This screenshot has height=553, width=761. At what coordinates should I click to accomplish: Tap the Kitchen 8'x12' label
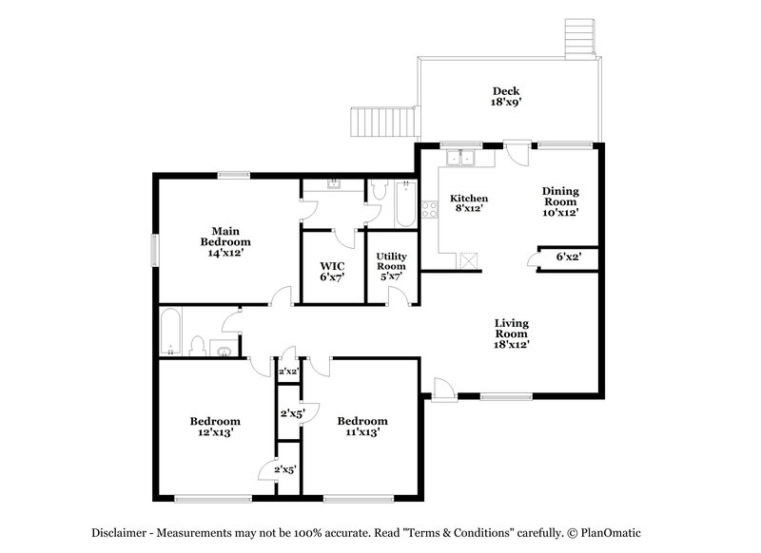point(468,203)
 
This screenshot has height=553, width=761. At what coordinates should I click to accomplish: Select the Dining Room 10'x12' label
point(560,201)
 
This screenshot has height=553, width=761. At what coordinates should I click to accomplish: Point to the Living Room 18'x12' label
point(511,334)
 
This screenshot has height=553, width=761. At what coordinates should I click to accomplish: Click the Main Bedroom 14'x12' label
point(225,241)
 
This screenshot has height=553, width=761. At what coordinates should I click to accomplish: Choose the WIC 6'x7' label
point(332,271)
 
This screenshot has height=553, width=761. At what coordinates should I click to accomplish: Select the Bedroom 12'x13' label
point(214,426)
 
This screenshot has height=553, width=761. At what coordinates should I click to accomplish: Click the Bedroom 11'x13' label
point(361,426)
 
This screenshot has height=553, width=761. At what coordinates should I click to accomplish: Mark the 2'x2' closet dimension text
point(287,372)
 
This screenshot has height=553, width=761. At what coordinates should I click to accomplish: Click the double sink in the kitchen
point(462,157)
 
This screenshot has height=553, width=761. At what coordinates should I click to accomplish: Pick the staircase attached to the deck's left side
point(385,122)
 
